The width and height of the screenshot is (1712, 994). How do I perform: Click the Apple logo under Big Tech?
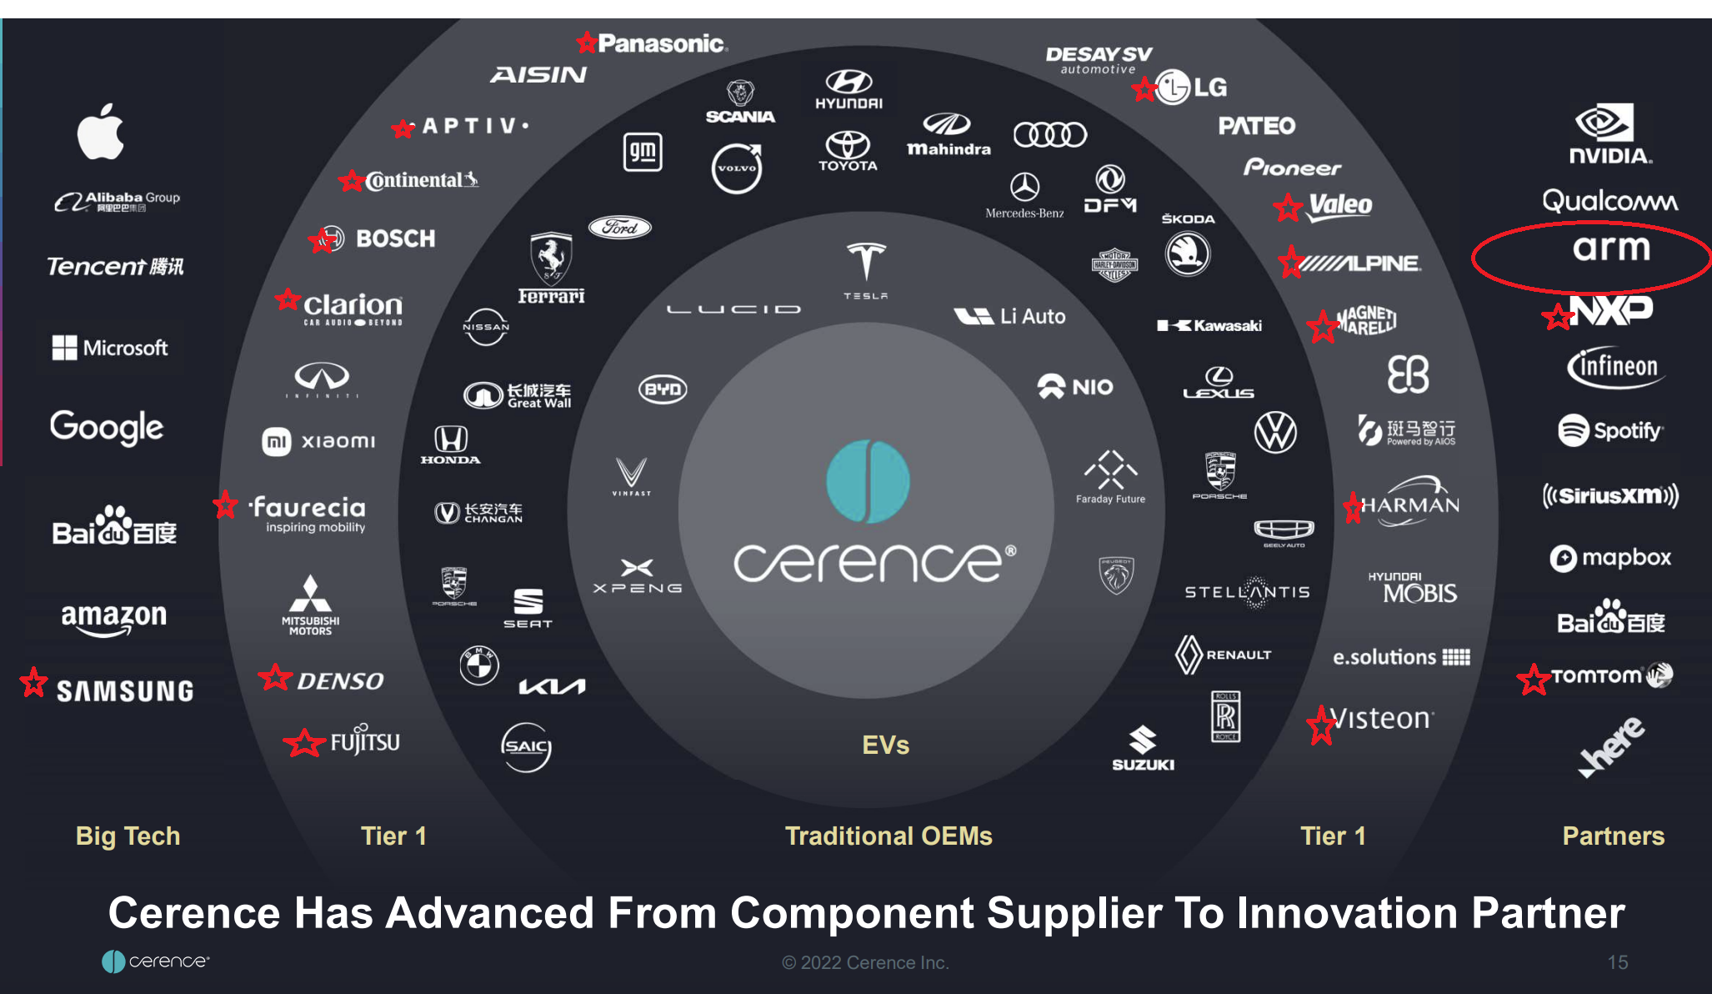tap(101, 132)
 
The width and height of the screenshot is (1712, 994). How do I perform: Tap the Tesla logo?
tap(865, 265)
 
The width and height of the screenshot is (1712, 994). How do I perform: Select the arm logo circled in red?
tap(1610, 248)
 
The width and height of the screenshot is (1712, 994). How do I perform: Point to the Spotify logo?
tap(1609, 430)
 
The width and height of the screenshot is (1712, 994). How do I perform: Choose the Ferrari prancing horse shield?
tap(551, 259)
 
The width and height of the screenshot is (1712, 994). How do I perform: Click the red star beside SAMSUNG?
tap(34, 682)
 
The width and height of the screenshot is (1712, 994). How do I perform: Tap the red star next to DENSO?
tap(275, 677)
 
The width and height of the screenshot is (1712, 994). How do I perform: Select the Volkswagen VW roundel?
tap(1275, 432)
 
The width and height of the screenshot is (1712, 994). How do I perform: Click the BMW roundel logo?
tap(479, 665)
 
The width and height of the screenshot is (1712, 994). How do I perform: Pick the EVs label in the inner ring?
tap(885, 745)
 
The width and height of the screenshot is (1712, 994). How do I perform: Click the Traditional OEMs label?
tap(889, 836)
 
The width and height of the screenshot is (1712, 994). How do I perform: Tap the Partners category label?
tap(1613, 836)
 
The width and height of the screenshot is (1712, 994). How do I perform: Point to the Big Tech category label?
tap(128, 836)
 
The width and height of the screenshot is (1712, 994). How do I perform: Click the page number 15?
tap(1617, 962)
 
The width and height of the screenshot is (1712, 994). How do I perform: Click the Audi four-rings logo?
tap(1049, 134)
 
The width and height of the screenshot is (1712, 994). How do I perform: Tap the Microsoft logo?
tap(110, 348)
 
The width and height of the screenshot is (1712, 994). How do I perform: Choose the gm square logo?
tap(643, 152)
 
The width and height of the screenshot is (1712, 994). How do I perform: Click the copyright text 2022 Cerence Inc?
tap(865, 962)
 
